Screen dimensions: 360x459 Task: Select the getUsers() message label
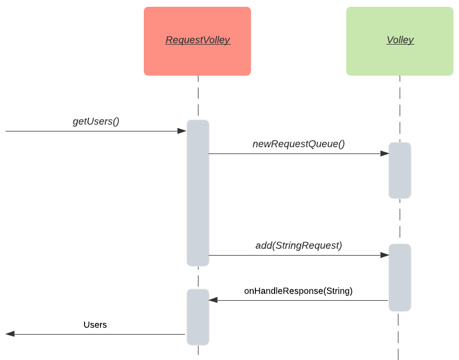click(x=96, y=121)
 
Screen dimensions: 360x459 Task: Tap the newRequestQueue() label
click(x=298, y=144)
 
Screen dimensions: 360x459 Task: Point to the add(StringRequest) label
click(x=298, y=245)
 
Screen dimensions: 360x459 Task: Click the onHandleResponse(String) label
click(x=298, y=291)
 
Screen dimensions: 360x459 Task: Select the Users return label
click(x=95, y=324)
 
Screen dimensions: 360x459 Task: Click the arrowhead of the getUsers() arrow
click(x=182, y=131)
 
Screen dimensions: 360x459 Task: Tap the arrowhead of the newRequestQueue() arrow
click(x=385, y=153)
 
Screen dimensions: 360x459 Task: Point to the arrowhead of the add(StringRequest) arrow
click(x=385, y=255)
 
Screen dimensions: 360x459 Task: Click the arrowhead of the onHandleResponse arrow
click(x=213, y=300)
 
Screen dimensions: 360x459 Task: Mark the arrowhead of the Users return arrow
click(x=10, y=334)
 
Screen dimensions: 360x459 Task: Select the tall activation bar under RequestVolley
click(x=198, y=192)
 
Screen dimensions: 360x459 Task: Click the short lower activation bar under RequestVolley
click(x=198, y=317)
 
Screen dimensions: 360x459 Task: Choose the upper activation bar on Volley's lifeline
click(x=400, y=170)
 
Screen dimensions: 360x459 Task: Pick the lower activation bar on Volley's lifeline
click(x=400, y=278)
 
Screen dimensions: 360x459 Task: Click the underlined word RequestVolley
click(x=197, y=40)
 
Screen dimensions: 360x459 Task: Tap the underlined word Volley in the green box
click(x=400, y=40)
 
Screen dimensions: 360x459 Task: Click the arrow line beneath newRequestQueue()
click(x=293, y=153)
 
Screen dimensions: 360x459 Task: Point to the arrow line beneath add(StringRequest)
click(x=293, y=255)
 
